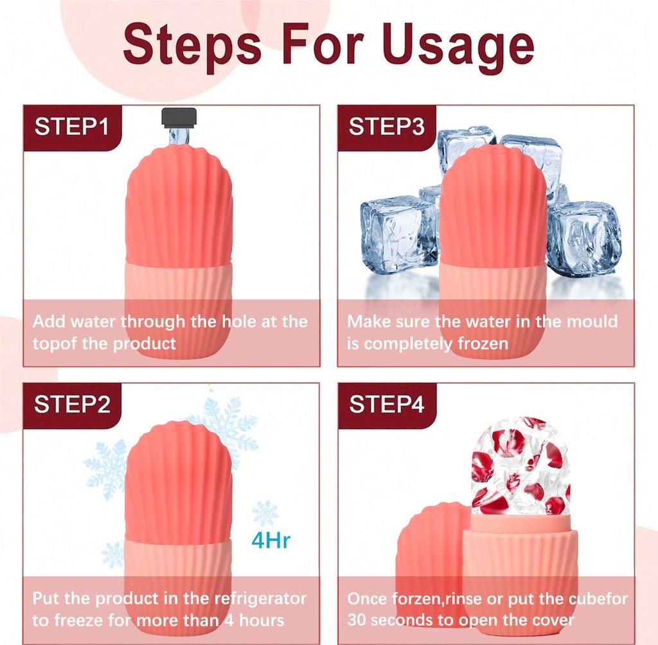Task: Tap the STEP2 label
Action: click(72, 404)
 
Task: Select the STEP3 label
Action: click(386, 127)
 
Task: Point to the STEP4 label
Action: click(386, 404)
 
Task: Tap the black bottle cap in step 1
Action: click(179, 118)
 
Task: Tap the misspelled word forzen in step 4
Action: click(416, 599)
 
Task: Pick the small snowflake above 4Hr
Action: click(265, 513)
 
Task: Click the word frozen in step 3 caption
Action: click(483, 343)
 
